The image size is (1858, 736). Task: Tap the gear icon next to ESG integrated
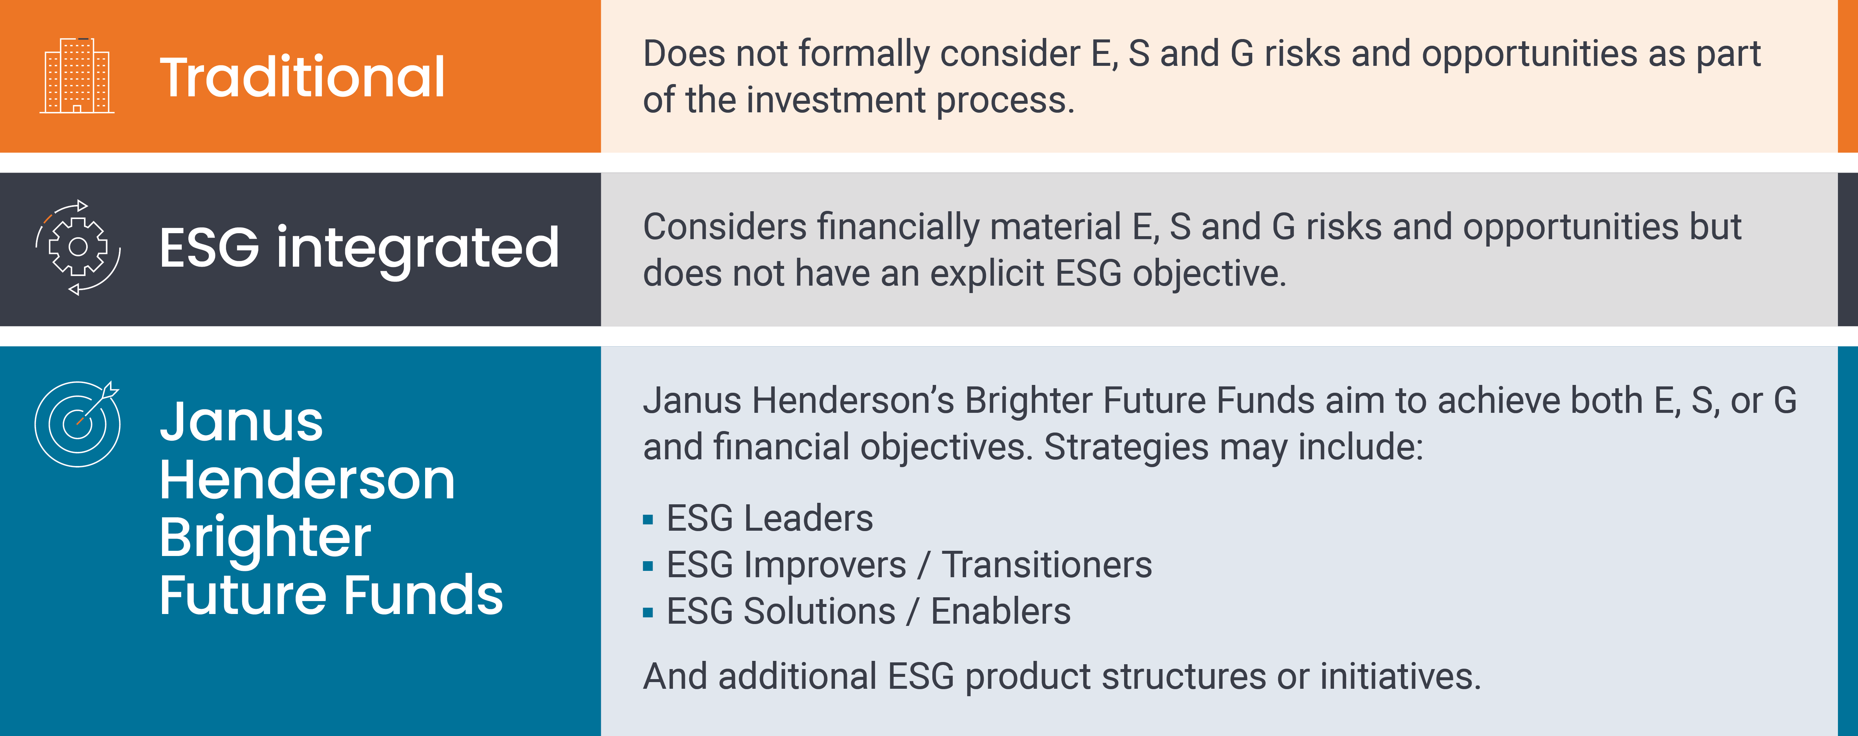pos(78,247)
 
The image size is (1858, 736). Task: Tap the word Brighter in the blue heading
pos(265,539)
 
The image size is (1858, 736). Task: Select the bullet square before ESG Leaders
pos(648,520)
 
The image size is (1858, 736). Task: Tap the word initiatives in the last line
pos(1400,677)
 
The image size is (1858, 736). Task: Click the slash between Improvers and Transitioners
pos(924,565)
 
